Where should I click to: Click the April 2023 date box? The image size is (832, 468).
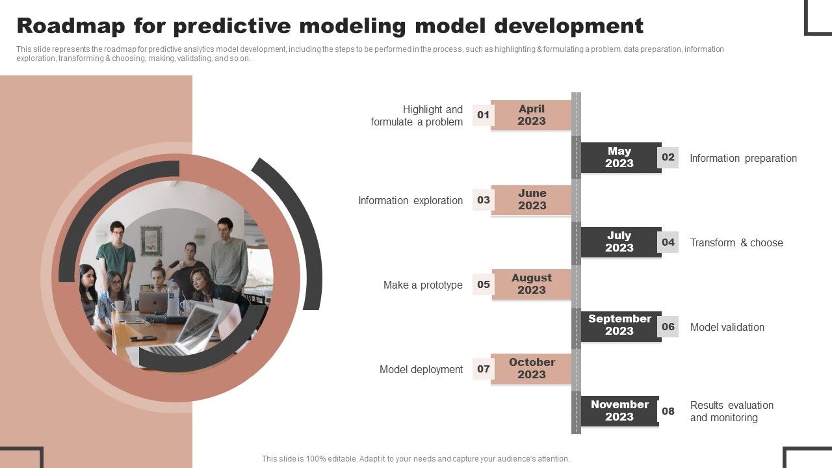[x=531, y=115]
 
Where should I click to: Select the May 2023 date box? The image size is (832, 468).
[x=621, y=157]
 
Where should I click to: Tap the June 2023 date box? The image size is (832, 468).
[x=531, y=200]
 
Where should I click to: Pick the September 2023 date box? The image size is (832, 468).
[x=621, y=326]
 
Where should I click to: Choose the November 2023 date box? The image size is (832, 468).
[x=619, y=411]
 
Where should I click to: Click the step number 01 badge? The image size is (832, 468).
[x=483, y=115]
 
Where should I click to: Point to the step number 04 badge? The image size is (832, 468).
[x=668, y=242]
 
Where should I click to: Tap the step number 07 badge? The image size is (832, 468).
[x=483, y=369]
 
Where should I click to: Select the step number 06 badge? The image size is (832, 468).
[x=668, y=326]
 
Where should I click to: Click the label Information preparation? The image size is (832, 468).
[x=743, y=158]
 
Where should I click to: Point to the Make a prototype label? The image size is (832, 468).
[x=423, y=285]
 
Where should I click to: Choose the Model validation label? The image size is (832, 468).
[x=727, y=327]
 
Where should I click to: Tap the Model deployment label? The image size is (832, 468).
[x=421, y=370]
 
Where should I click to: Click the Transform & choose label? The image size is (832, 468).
[x=736, y=242]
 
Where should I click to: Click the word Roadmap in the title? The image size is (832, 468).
[x=71, y=26]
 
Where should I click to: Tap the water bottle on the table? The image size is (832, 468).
[x=173, y=298]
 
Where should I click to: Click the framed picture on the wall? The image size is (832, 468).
[x=151, y=240]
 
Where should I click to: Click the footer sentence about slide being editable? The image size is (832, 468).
[x=415, y=459]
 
